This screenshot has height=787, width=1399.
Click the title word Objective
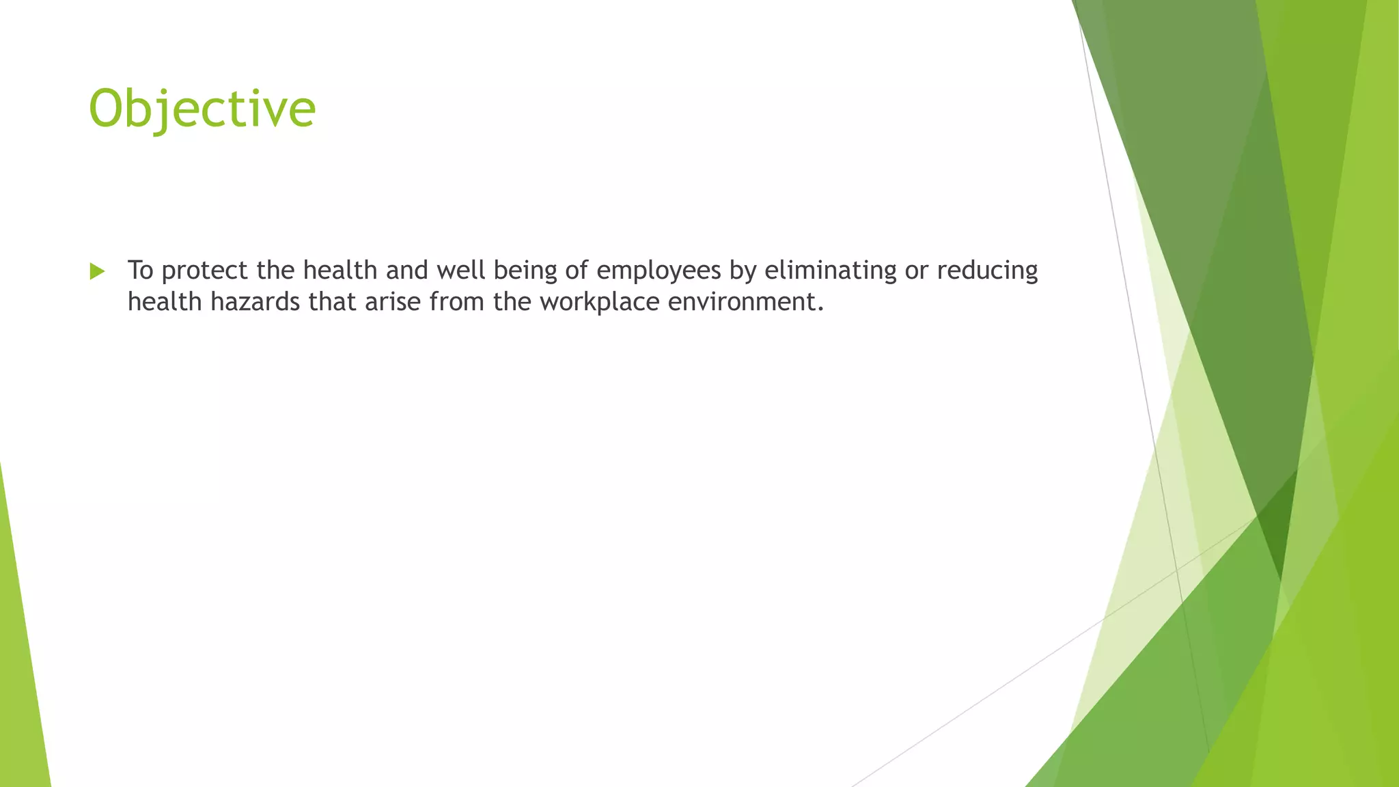202,109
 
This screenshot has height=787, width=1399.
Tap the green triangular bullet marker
97,272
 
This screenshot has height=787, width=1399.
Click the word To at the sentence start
140,271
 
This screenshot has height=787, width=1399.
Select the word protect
204,271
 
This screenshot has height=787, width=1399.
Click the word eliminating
830,271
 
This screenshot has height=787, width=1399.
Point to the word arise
392,302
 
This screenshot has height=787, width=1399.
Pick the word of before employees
577,271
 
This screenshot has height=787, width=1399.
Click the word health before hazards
165,302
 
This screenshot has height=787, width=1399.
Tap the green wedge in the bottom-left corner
20,683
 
